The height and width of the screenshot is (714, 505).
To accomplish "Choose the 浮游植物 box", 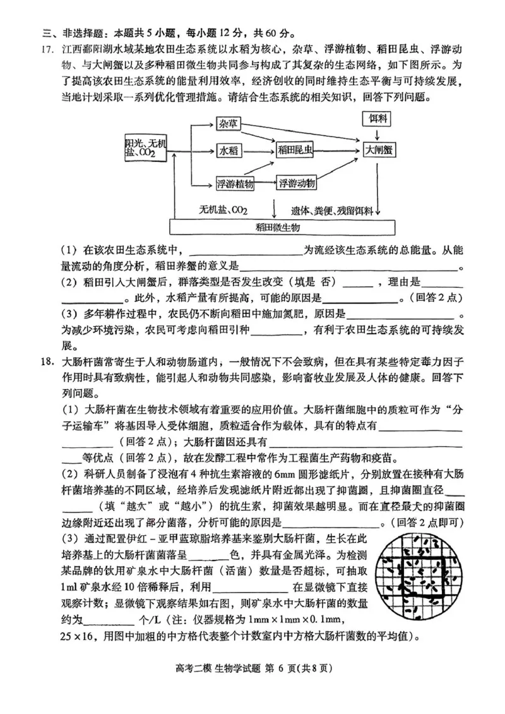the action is click(235, 183).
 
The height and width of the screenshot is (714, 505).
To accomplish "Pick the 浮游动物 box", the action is click(296, 183).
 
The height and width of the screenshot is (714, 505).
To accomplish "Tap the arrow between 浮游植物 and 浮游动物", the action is click(265, 183).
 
